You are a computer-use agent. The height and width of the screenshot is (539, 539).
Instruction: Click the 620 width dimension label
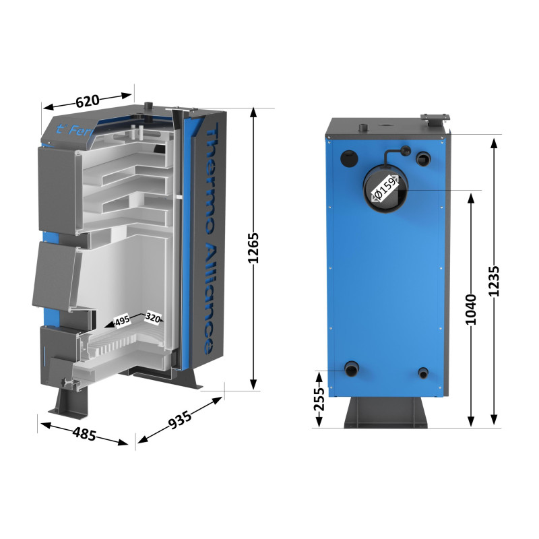(88, 101)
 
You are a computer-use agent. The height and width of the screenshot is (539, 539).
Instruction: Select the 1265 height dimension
(254, 252)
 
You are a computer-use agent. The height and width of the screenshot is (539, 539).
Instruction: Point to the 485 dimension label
(84, 433)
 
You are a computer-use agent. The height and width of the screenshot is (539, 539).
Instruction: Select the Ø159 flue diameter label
(385, 189)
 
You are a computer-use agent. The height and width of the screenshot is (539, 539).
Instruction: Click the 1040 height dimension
(471, 309)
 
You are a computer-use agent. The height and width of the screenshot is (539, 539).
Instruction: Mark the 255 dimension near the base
(319, 399)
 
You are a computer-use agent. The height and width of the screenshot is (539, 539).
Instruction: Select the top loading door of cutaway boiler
(57, 185)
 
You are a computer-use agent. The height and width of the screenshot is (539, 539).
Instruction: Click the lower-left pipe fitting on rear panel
(352, 370)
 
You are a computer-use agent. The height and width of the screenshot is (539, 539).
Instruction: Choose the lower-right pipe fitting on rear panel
(423, 373)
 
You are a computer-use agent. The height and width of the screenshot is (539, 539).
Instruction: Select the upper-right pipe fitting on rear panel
(424, 159)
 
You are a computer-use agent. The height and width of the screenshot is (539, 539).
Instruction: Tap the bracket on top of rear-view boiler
(435, 119)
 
